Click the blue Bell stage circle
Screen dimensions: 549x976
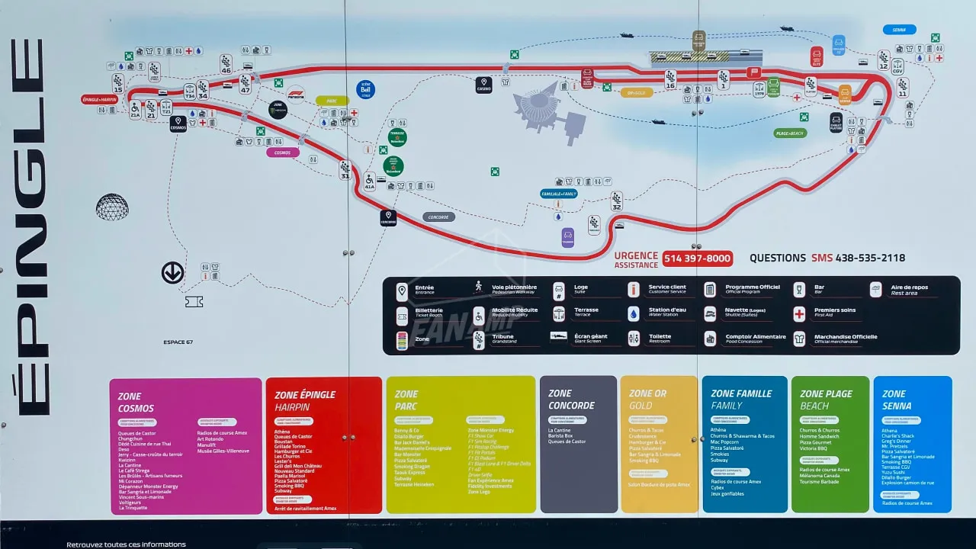pyautogui.click(x=365, y=90)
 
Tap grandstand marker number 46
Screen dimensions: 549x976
pyautogui.click(x=226, y=64)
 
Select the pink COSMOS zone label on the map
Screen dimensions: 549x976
pyautogui.click(x=283, y=152)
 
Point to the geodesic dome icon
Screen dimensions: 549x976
pyautogui.click(x=112, y=207)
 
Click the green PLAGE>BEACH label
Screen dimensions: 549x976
pyautogui.click(x=790, y=133)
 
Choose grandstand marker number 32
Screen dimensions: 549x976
pyautogui.click(x=616, y=201)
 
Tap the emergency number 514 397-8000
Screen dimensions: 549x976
pyautogui.click(x=697, y=258)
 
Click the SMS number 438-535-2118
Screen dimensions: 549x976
pyautogui.click(x=870, y=258)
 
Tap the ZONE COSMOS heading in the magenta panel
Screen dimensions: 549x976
pyautogui.click(x=136, y=403)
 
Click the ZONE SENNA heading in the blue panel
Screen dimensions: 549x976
pyautogui.click(x=897, y=400)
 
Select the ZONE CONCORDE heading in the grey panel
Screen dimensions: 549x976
pyautogui.click(x=571, y=400)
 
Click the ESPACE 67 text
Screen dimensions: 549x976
pyautogui.click(x=178, y=342)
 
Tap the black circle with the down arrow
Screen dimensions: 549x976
pyautogui.click(x=172, y=272)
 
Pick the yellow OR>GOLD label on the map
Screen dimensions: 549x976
pyautogui.click(x=637, y=93)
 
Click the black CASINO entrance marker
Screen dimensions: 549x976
pyautogui.click(x=483, y=85)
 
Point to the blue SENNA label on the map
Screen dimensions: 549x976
pyautogui.click(x=899, y=30)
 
